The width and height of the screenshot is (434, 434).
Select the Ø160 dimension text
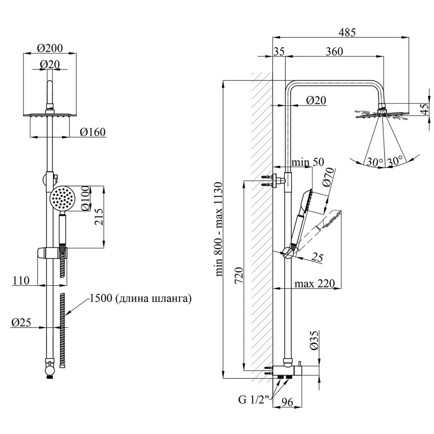93,132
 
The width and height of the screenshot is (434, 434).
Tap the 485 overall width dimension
347,32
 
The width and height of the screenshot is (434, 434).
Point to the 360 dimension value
335,51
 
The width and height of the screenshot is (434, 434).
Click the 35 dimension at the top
279,51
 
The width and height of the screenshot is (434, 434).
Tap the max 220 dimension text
315,284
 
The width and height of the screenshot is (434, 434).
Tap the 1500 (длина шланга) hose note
140,299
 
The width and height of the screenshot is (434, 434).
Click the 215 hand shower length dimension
99,217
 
